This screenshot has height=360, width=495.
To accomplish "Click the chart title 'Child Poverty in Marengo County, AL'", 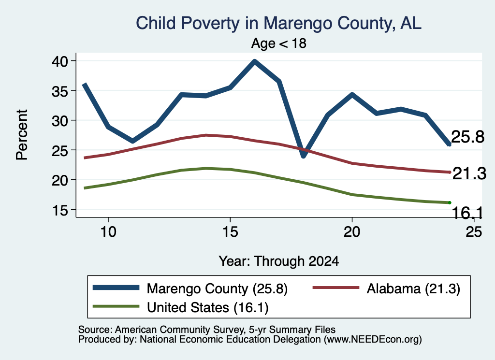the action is click(x=278, y=23).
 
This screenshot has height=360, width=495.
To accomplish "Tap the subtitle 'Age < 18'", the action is click(x=279, y=43).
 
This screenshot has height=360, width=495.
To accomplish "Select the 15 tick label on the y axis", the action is click(x=60, y=210).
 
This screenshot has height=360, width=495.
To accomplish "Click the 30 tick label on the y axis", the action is click(x=60, y=120).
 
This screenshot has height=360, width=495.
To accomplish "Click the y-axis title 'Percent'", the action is click(x=22, y=135).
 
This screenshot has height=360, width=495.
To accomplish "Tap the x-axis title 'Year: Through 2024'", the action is click(x=279, y=261).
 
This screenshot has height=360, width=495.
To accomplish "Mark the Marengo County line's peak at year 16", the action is click(x=254, y=61).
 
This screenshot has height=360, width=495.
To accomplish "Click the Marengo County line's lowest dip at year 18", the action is click(x=304, y=156).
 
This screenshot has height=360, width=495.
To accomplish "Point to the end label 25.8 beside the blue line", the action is click(x=468, y=137).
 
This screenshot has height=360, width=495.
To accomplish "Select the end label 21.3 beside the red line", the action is click(x=469, y=174).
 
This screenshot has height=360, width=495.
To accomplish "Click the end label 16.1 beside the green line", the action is click(x=467, y=213).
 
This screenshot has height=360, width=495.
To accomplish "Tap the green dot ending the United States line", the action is click(x=450, y=202).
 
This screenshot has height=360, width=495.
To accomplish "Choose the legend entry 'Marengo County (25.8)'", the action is click(x=217, y=288).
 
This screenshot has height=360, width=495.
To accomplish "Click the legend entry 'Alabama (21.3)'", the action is click(x=414, y=288).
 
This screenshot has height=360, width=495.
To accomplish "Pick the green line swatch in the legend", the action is click(x=116, y=306).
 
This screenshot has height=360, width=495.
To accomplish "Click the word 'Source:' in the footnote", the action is click(x=95, y=330).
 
